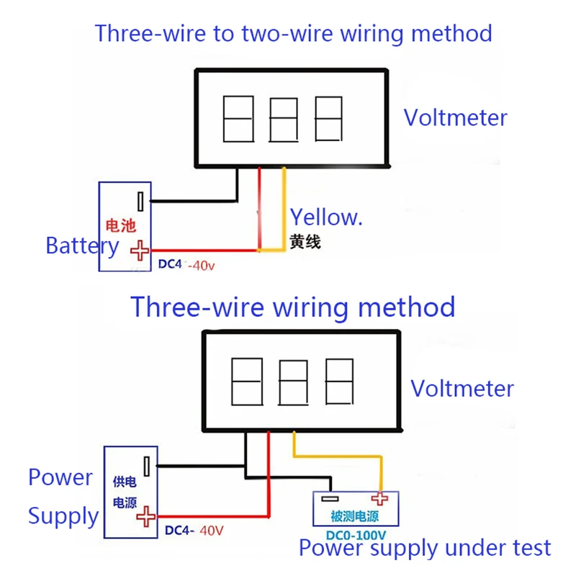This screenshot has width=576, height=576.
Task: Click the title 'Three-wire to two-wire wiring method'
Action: [293, 33]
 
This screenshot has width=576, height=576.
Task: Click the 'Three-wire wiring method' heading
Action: [292, 307]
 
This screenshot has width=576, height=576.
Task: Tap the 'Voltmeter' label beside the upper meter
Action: [454, 117]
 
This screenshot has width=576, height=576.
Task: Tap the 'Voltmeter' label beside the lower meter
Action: [462, 389]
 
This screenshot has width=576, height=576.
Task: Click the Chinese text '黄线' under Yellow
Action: [305, 243]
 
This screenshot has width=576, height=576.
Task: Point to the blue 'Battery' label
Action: [81, 246]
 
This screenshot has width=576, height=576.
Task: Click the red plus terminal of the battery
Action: [140, 250]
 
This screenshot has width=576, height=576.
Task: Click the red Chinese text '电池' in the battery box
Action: [120, 225]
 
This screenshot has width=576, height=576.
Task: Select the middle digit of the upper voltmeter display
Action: [283, 119]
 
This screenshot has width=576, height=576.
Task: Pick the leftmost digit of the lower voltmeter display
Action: [243, 382]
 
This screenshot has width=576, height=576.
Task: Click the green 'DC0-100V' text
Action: [356, 535]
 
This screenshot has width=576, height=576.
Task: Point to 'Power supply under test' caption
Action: [425, 548]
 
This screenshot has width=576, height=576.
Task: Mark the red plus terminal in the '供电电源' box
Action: [147, 516]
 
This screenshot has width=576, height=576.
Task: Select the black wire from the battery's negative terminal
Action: [194, 200]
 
